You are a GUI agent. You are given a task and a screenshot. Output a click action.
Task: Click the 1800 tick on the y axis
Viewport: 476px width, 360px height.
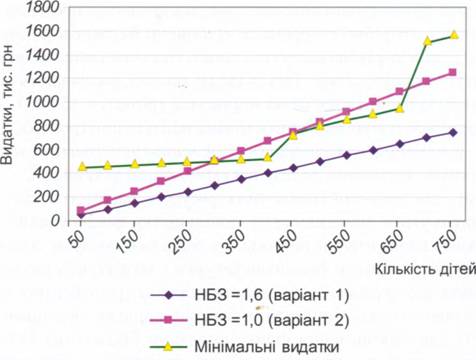pos(43,7)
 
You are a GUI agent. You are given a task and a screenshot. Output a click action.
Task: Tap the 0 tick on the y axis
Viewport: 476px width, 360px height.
pos(55,221)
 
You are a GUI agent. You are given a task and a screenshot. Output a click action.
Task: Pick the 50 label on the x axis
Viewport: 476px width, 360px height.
pos(77,238)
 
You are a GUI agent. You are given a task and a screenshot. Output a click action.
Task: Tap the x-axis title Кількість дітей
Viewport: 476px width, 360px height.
pos(425,269)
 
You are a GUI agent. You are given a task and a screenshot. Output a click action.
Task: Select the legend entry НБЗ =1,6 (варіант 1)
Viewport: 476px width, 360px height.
pos(250,295)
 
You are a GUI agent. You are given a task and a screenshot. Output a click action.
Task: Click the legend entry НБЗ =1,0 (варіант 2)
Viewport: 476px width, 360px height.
pos(250,320)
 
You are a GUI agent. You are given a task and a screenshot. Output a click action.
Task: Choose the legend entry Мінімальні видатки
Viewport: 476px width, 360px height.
pos(245,347)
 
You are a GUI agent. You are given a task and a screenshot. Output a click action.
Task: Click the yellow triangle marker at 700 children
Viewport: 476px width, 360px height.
pos(428,41)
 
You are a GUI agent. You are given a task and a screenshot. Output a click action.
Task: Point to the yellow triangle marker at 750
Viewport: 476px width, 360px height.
pos(454,35)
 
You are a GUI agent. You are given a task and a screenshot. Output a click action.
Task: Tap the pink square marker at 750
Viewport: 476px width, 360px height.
pos(452,72)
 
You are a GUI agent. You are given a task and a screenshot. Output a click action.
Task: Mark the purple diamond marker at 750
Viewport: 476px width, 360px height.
pos(453,133)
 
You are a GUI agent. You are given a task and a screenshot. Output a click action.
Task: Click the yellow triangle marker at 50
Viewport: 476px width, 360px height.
pos(82,167)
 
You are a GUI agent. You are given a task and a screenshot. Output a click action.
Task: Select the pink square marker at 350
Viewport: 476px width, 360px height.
pos(241,151)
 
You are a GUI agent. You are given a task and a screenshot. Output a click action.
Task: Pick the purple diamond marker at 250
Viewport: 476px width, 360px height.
pos(188,192)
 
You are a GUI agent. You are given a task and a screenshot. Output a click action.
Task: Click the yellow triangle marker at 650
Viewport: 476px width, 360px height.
pos(400,109)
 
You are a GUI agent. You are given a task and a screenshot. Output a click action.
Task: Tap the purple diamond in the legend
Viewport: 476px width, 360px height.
pos(169,295)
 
